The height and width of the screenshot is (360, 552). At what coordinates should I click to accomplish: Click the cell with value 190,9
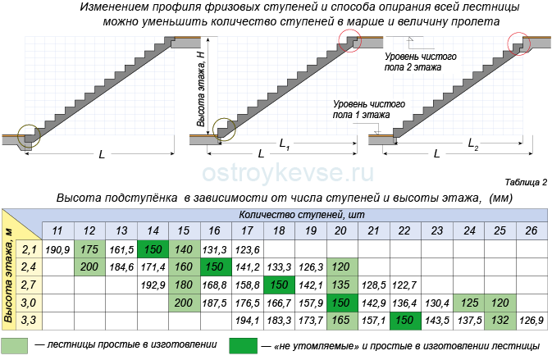point(57,249)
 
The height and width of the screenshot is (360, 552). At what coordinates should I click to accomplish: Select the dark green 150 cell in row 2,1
point(153,249)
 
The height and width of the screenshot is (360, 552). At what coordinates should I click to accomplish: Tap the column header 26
point(531,231)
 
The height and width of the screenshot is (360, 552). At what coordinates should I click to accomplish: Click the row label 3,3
point(29,321)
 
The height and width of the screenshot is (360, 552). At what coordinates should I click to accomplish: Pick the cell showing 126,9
point(531,321)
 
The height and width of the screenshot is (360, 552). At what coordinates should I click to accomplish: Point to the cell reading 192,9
point(153,285)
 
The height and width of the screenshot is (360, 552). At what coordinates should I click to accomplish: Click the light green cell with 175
point(89,249)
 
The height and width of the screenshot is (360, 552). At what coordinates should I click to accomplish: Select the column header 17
point(248,231)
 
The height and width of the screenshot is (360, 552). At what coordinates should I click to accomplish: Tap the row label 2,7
point(29,285)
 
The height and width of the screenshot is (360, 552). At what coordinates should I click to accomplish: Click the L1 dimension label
point(285,144)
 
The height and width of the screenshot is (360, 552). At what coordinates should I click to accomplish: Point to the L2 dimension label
point(472,144)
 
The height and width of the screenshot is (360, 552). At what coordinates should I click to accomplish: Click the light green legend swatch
point(14,345)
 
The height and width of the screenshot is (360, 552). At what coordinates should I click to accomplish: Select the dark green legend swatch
point(243,345)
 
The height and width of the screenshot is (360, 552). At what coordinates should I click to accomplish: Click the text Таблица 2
point(526,182)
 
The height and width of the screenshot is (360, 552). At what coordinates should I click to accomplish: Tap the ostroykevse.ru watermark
point(288,173)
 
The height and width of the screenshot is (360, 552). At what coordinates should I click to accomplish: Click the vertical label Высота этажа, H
point(201,89)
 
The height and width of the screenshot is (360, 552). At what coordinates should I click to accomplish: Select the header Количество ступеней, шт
point(302,215)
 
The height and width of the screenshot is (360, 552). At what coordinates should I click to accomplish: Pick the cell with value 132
point(500,321)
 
